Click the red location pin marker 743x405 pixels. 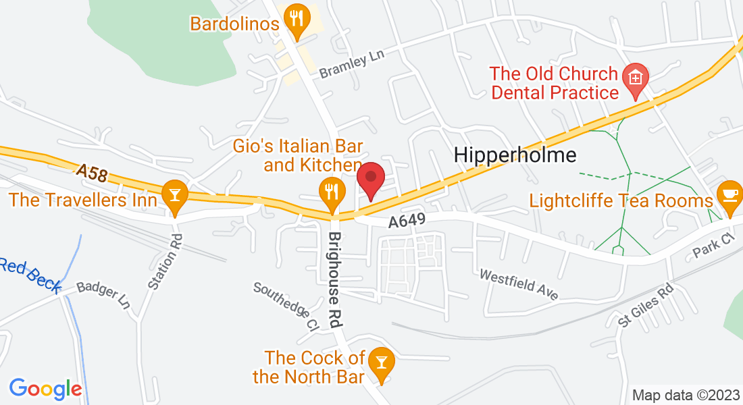371,180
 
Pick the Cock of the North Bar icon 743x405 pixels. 382,363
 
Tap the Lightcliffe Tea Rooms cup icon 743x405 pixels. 729,194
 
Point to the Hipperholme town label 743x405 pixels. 515,155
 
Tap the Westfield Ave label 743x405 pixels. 519,285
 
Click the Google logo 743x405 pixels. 45,389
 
